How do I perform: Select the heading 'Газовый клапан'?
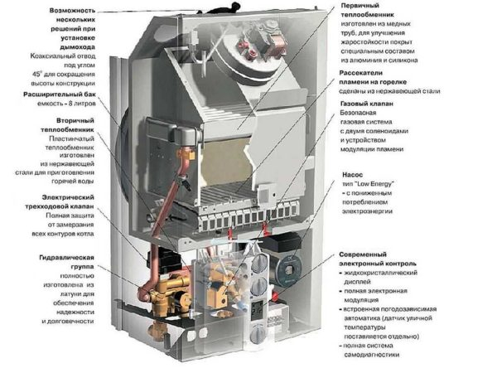coord(368,105)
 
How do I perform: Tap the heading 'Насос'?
coord(351,177)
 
